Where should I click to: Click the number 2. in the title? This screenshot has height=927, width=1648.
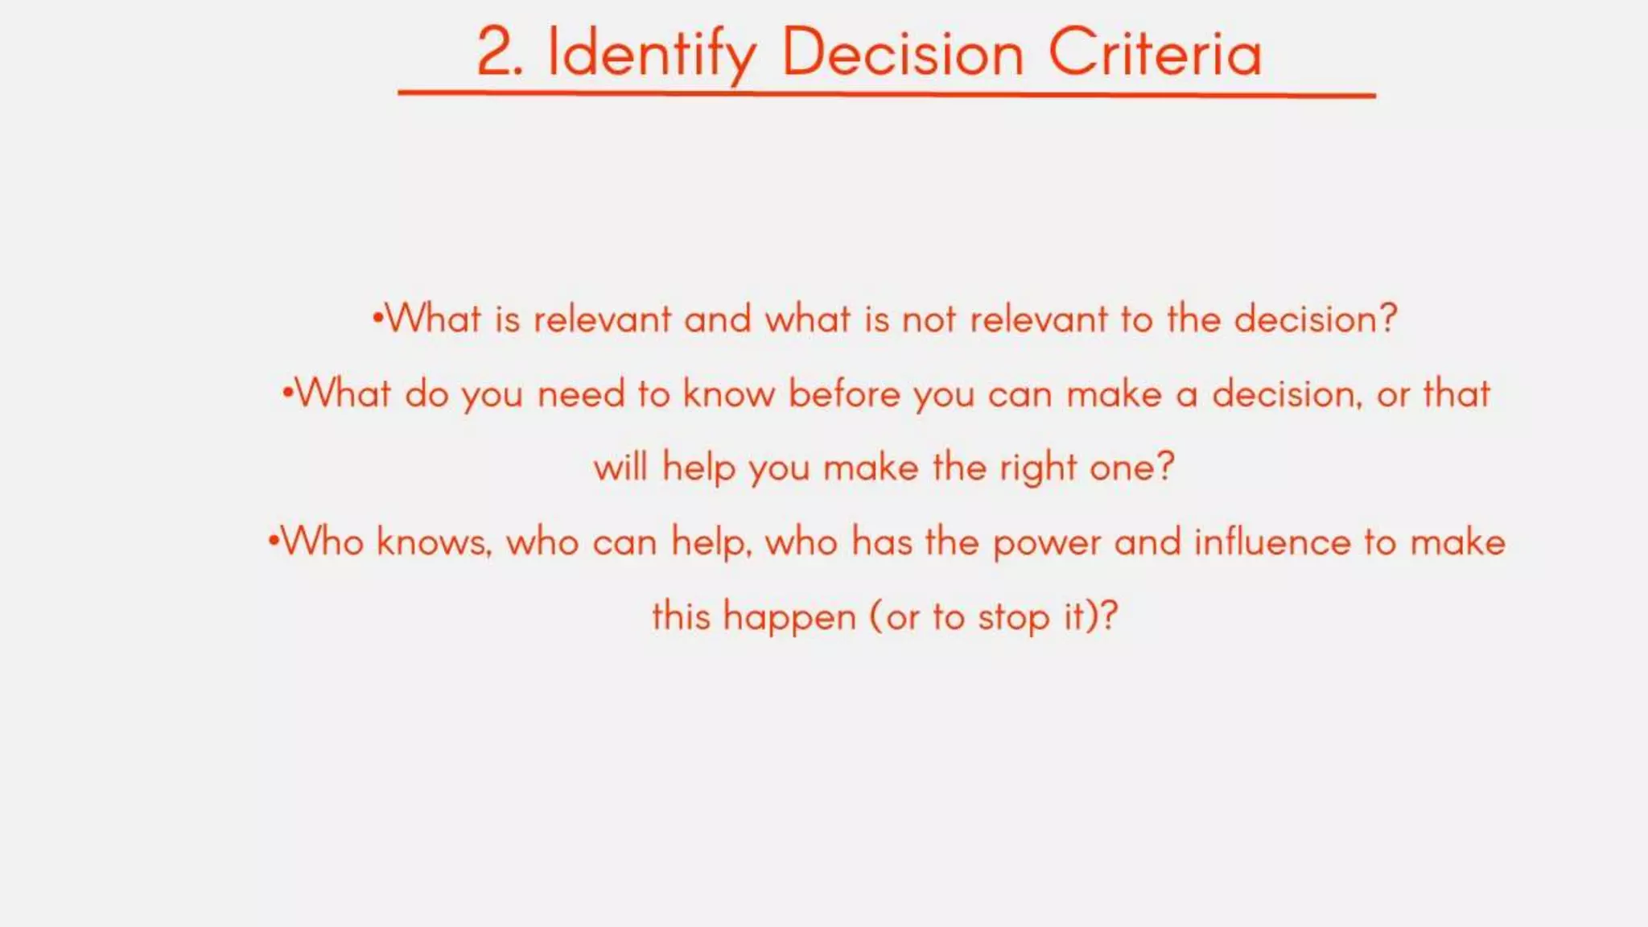tap(499, 53)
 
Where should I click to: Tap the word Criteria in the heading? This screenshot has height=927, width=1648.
tap(1155, 53)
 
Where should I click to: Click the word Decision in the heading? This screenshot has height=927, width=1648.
tap(902, 53)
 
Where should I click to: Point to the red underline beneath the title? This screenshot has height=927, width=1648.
tap(885, 94)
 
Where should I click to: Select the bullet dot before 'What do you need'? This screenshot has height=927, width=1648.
tap(287, 393)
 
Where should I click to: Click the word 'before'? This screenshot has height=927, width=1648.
tap(843, 394)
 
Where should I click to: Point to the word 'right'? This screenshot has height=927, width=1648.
tap(1037, 468)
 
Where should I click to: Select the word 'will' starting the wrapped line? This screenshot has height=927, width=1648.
tap(620, 468)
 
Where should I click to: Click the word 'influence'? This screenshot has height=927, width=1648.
tap(1271, 542)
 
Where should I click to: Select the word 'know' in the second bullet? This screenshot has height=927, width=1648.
tap(728, 394)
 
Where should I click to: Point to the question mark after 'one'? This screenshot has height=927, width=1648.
tap(1164, 466)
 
